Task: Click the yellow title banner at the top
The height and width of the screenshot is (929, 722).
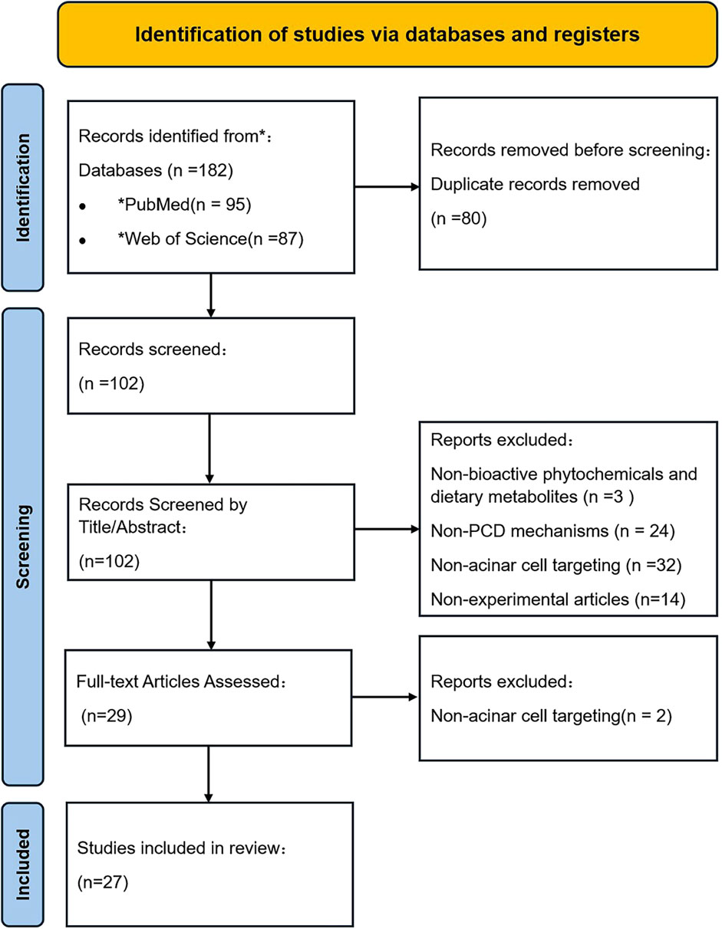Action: pos(387,34)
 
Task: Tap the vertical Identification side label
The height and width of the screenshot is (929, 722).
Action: pos(23,188)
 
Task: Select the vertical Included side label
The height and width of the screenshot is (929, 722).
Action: pos(23,865)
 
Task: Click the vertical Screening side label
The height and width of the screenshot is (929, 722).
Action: pos(23,547)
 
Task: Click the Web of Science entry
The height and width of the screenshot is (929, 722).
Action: pos(210,238)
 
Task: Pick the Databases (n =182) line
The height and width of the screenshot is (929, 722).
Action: pos(156,170)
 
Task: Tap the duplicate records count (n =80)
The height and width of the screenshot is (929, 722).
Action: pos(458,218)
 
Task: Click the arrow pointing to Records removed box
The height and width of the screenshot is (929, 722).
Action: pos(387,187)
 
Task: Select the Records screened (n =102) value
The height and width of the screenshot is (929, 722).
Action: pos(111,383)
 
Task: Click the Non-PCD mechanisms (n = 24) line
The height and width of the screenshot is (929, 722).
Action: pos(552,531)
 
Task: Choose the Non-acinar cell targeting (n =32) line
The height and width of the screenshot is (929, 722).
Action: pos(556,565)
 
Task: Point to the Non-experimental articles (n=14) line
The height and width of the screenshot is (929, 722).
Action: pos(558,599)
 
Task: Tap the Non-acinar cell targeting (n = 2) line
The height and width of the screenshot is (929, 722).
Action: pos(551,716)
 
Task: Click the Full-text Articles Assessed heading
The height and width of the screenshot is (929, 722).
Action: pos(181,681)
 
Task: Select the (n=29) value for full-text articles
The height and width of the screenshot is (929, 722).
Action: pos(107,716)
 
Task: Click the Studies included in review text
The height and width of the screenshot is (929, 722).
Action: pos(182,848)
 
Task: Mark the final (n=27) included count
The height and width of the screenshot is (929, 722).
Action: pos(103,882)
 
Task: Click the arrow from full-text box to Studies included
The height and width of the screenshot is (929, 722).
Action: pos(209,774)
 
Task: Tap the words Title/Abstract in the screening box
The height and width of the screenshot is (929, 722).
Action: pos(133,527)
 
